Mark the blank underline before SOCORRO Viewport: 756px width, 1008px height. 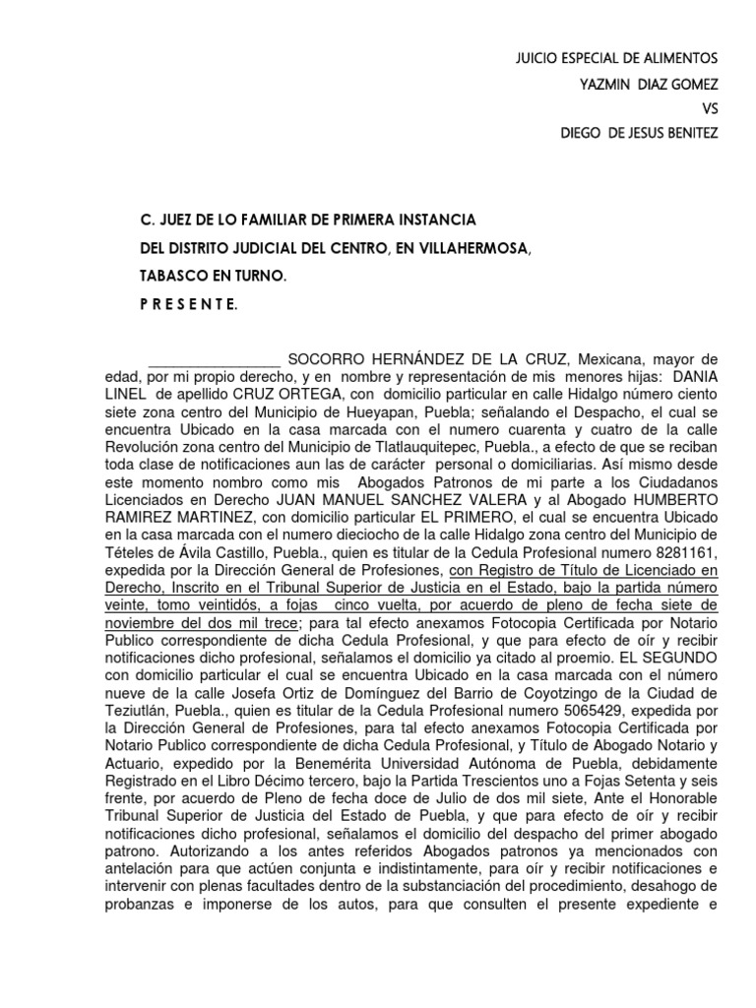point(213,358)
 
